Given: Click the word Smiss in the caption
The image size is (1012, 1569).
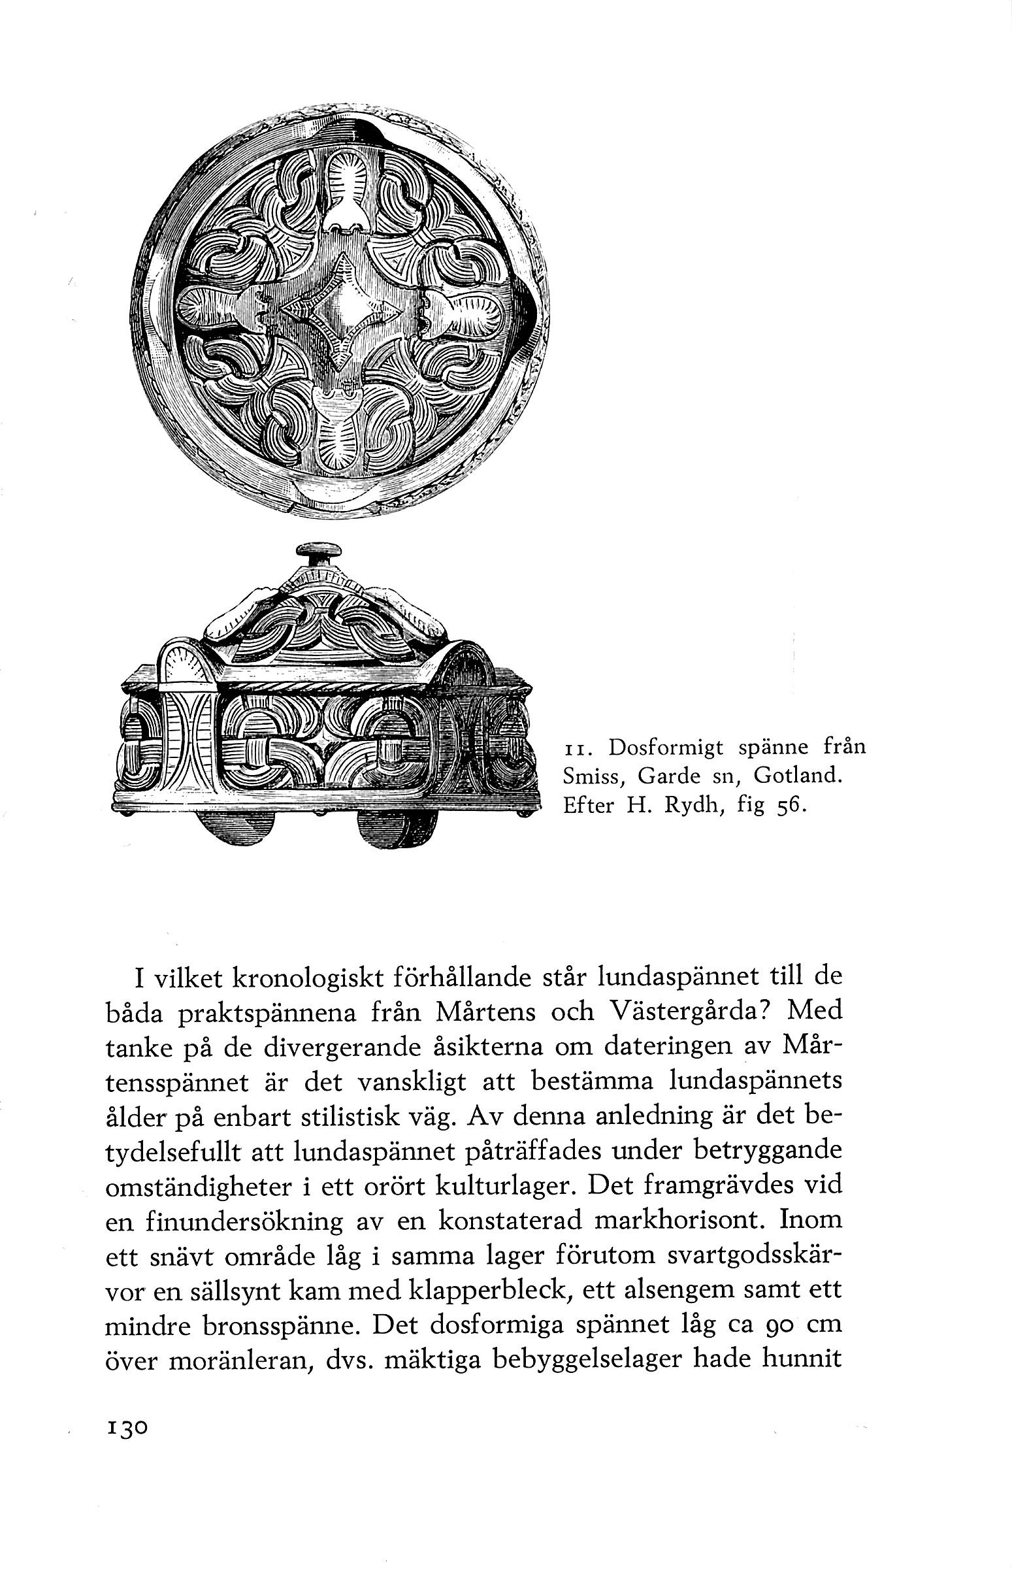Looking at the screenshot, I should [x=590, y=776].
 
